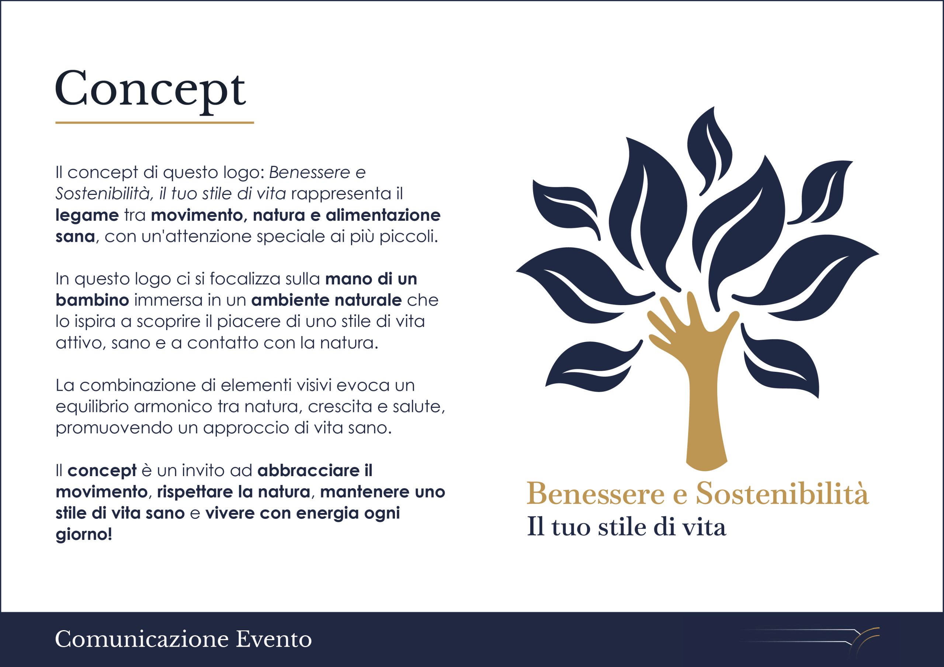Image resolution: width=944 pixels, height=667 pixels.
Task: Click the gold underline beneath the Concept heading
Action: [x=155, y=122]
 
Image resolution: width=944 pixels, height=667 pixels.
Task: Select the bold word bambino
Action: [x=93, y=300]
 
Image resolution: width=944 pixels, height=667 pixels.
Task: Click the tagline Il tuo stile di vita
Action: [x=626, y=527]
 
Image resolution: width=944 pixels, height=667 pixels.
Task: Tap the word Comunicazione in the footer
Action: [x=142, y=639]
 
